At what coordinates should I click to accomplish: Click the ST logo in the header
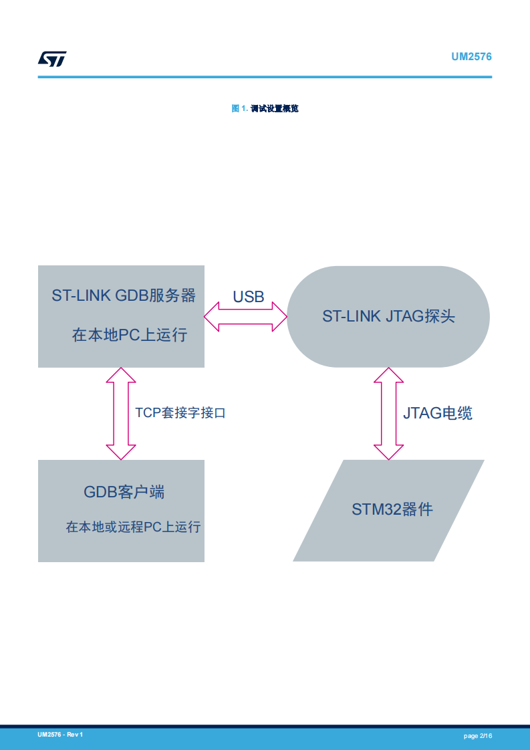point(52,59)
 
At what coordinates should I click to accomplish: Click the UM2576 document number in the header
point(471,57)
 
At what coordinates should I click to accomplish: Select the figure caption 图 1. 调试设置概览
point(265,108)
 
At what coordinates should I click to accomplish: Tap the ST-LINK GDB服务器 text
point(124,295)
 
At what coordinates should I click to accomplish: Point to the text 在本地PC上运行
point(129,335)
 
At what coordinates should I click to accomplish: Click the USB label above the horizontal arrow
point(249,297)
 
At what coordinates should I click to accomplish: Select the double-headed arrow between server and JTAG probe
point(245,316)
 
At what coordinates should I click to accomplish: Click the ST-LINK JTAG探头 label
point(388,316)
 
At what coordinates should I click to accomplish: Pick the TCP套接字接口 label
point(180,412)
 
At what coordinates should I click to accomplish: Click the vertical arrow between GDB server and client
point(121,413)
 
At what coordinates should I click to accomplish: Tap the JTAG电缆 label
point(438,413)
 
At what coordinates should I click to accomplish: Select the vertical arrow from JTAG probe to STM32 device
point(388,413)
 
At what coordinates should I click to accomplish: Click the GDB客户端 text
point(124,492)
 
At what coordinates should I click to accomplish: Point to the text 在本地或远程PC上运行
point(133,527)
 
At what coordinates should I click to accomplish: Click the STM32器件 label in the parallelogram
point(392,509)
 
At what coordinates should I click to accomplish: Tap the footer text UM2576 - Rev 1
point(60,735)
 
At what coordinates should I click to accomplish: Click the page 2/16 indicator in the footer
point(478,736)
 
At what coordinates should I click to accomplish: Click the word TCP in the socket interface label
point(148,412)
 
